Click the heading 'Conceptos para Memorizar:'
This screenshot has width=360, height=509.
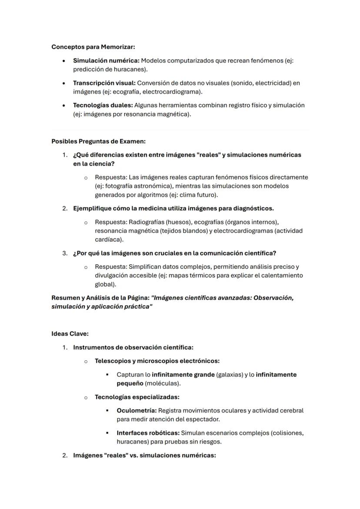tap(96, 47)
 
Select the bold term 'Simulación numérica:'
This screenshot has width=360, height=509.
tap(106, 60)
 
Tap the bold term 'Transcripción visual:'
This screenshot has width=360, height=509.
tap(104, 83)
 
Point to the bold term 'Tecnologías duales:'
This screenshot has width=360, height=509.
tap(103, 105)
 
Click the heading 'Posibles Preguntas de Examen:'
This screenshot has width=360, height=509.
tap(98, 141)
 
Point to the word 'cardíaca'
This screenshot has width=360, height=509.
tap(107, 240)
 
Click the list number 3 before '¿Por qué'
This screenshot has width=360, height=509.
tap(64, 253)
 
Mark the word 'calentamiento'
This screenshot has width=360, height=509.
tap(283, 276)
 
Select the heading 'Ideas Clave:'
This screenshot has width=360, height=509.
tap(70, 334)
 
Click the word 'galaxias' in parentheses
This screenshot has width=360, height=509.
tap(230, 374)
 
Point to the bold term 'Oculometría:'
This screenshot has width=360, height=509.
tap(136, 410)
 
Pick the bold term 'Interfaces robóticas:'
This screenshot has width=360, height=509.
tap(148, 433)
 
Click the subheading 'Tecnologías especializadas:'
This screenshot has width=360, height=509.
tap(137, 397)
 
